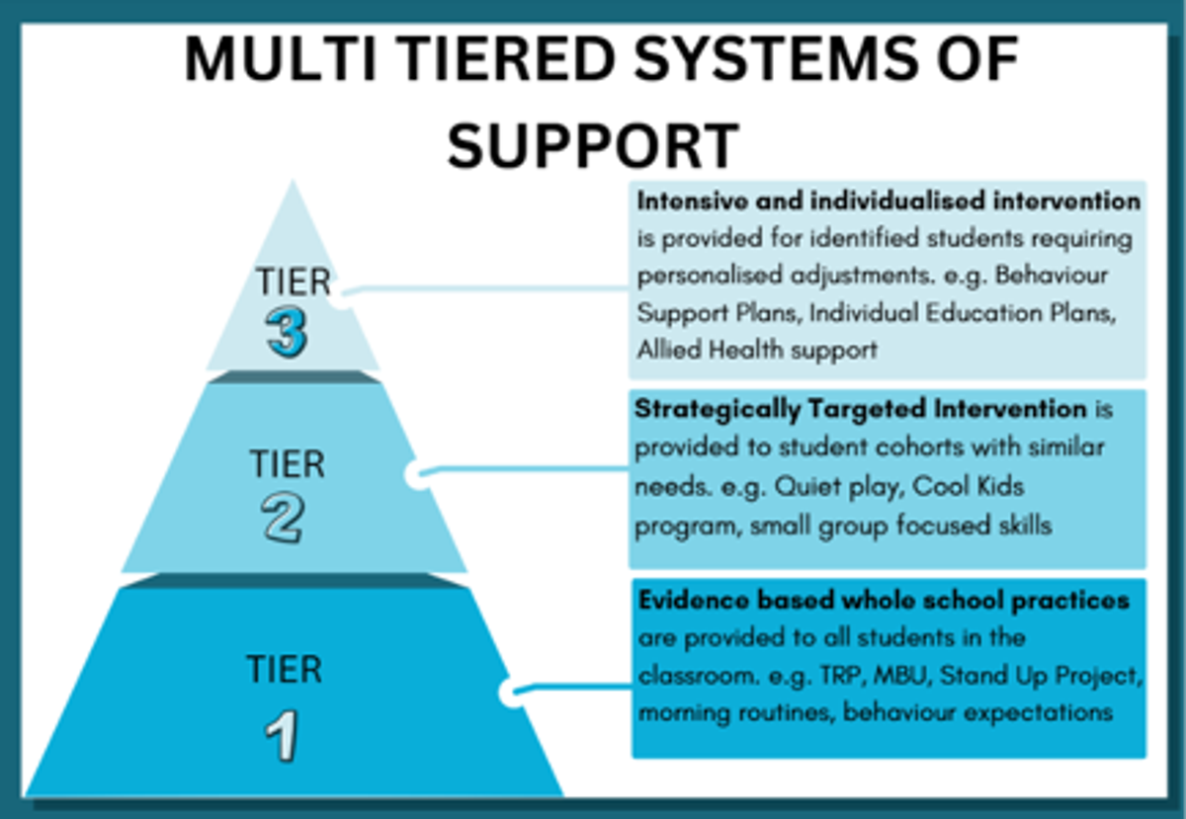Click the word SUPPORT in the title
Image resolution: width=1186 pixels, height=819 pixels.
click(x=593, y=144)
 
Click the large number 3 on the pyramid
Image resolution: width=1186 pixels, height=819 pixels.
click(x=287, y=333)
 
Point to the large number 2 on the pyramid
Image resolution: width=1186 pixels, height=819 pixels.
click(x=283, y=520)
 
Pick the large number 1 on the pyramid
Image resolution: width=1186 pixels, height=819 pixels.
click(x=282, y=736)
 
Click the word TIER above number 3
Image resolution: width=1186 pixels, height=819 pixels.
click(x=294, y=282)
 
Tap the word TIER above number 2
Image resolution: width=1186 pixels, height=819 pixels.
click(x=288, y=463)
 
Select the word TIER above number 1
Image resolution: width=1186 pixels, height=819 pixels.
click(x=285, y=669)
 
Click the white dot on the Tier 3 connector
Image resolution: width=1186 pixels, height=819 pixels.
click(x=342, y=299)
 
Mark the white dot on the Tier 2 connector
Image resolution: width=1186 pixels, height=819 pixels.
click(x=418, y=475)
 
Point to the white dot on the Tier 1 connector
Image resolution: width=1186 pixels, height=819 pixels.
click(x=512, y=693)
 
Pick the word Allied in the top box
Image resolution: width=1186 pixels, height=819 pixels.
click(x=669, y=350)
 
